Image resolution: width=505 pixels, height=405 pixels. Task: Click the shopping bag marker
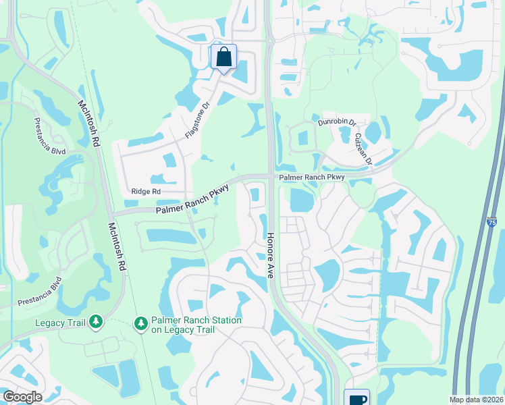click(x=224, y=57)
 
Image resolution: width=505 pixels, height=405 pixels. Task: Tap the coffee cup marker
click(x=356, y=398)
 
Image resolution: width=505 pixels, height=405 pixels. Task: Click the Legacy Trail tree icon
click(x=95, y=323)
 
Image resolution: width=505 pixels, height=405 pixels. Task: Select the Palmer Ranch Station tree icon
click(x=140, y=324)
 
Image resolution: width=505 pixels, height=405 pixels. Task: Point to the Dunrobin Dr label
click(x=336, y=123)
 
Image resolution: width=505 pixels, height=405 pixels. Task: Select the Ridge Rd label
click(x=147, y=192)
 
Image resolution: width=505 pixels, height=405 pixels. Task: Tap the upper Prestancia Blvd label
click(x=50, y=136)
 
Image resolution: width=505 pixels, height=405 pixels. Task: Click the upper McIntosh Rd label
click(x=88, y=122)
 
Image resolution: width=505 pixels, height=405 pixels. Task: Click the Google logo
click(x=22, y=397)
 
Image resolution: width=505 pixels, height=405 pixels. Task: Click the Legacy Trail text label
click(x=61, y=323)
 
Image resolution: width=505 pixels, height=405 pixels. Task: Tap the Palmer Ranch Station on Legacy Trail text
click(x=188, y=324)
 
